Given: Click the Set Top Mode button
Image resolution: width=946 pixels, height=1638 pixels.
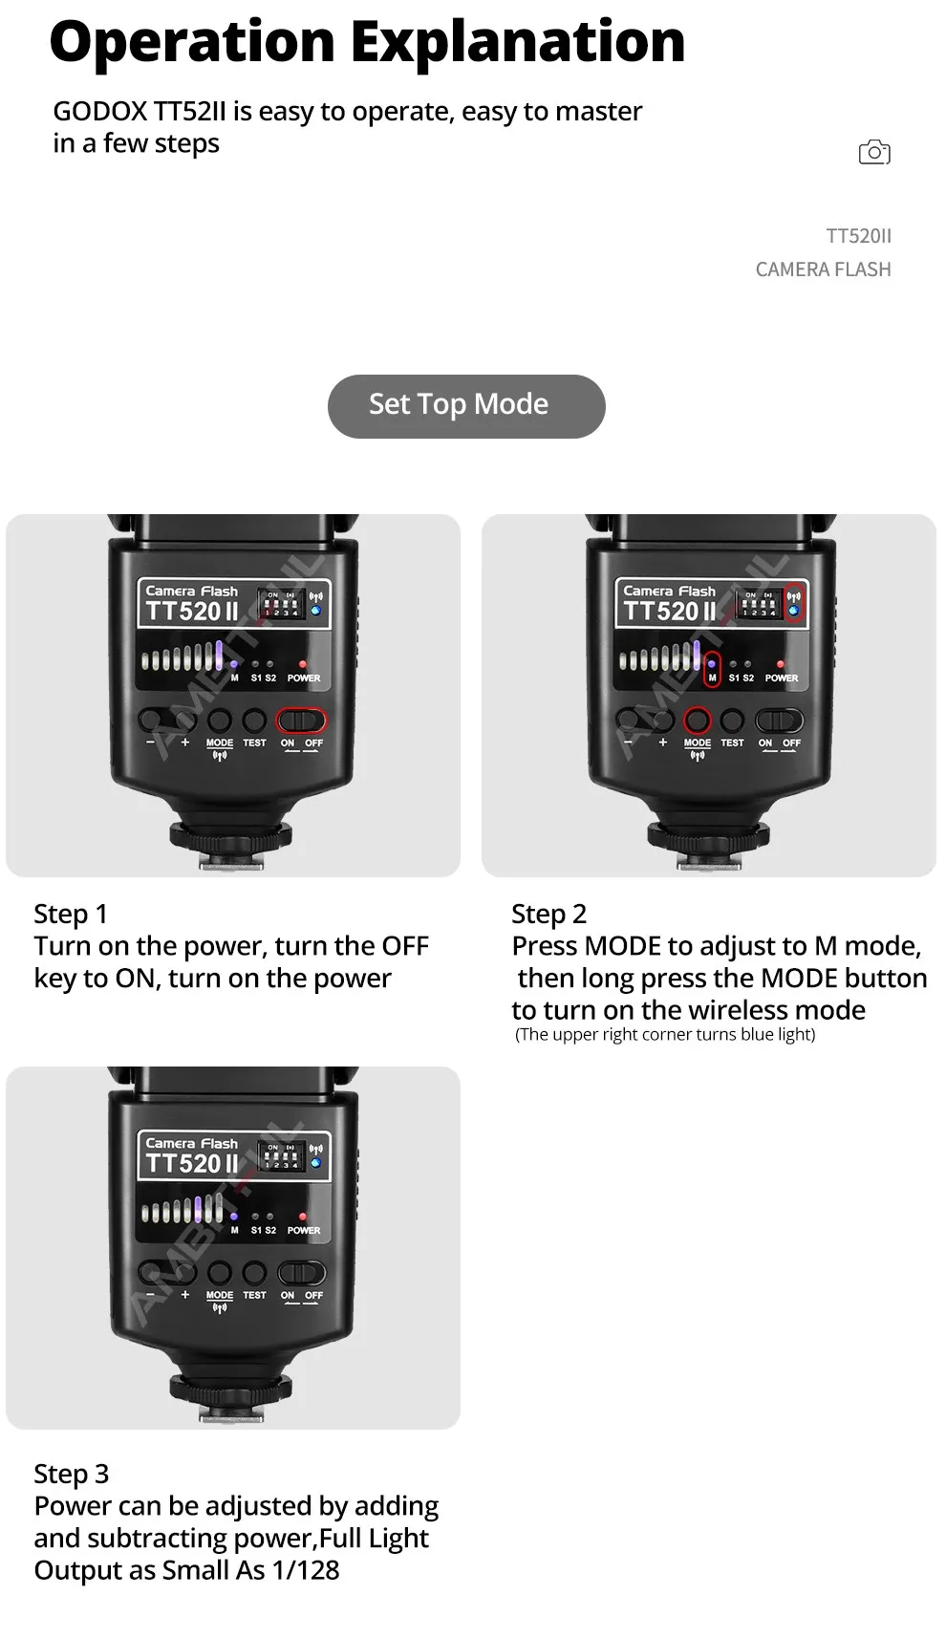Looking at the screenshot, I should click(x=466, y=406).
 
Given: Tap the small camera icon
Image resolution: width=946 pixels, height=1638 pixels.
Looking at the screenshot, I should click(x=874, y=152).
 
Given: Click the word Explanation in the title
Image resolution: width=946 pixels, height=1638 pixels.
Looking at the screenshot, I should click(x=518, y=43).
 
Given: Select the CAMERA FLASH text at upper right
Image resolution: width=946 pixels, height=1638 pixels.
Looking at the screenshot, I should click(x=823, y=269).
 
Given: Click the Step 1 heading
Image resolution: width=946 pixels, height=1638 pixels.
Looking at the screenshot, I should click(x=71, y=914).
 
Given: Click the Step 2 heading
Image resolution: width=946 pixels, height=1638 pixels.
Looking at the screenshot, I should click(x=548, y=914).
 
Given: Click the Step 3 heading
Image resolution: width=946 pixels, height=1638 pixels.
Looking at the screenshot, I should click(x=72, y=1474).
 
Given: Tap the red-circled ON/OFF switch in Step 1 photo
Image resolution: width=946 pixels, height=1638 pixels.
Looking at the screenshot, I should click(x=301, y=721).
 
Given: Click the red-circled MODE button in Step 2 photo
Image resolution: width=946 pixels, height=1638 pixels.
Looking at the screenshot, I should click(x=698, y=721).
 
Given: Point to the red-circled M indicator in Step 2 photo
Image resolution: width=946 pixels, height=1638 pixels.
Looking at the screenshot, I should click(x=711, y=671).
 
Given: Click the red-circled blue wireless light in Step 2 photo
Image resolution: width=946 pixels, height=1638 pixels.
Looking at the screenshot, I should click(x=793, y=605).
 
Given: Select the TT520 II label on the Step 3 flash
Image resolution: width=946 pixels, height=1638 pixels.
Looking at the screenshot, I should click(x=191, y=1163).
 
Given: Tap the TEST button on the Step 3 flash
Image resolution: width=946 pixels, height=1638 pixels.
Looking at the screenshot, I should click(x=254, y=1273).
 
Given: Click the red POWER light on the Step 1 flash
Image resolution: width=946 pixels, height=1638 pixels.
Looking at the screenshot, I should click(x=303, y=664).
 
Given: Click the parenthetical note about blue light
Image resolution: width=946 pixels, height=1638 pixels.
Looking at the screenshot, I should click(x=665, y=1035).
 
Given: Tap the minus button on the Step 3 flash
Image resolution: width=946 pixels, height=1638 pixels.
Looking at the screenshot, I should click(x=151, y=1273).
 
